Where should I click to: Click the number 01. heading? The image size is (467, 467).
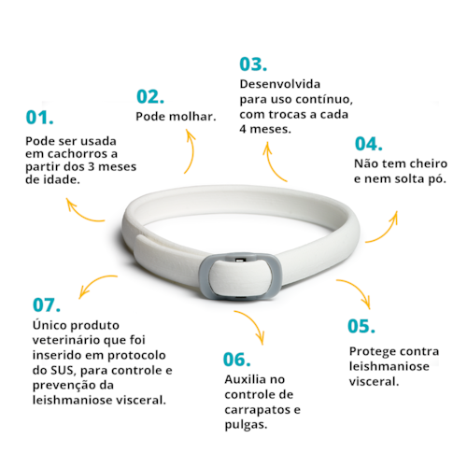pos(39,118)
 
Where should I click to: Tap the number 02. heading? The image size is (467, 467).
pos(151,95)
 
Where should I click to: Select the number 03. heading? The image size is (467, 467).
pos(253,64)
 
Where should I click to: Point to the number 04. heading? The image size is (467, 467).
pos(369,144)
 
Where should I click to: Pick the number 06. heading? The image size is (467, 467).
pos(239,359)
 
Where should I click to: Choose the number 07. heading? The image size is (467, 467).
pos(47,304)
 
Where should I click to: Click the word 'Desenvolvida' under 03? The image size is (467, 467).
pos(277,83)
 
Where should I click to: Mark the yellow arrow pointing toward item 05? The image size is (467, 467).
pos(354,292)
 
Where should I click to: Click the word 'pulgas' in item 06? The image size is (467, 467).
pos(245,424)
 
